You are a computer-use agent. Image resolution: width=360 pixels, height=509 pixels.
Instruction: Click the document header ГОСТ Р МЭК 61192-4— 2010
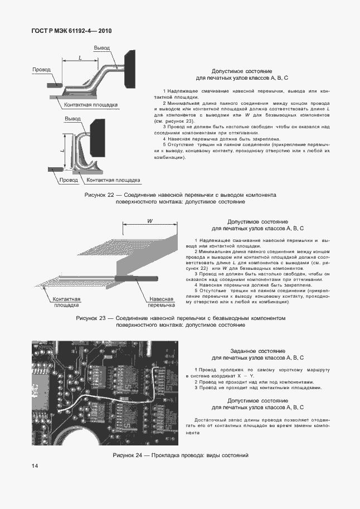71,31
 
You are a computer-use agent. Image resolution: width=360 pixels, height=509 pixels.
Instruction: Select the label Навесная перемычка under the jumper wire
161,302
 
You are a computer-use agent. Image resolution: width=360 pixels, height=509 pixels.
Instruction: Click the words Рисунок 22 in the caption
99,195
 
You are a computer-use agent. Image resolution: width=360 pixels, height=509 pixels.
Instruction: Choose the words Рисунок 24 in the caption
127,455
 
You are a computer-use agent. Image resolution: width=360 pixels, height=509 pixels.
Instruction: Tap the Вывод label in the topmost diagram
101,47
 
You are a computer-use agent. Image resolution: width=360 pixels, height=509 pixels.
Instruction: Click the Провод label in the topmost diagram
41,70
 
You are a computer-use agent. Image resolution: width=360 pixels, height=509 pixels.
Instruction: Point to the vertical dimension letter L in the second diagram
62,149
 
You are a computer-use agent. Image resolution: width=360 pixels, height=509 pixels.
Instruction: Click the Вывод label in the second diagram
72,119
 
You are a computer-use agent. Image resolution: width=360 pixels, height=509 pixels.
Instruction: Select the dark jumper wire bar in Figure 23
137,278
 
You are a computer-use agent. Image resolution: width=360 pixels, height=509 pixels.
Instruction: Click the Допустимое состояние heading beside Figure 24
257,401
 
